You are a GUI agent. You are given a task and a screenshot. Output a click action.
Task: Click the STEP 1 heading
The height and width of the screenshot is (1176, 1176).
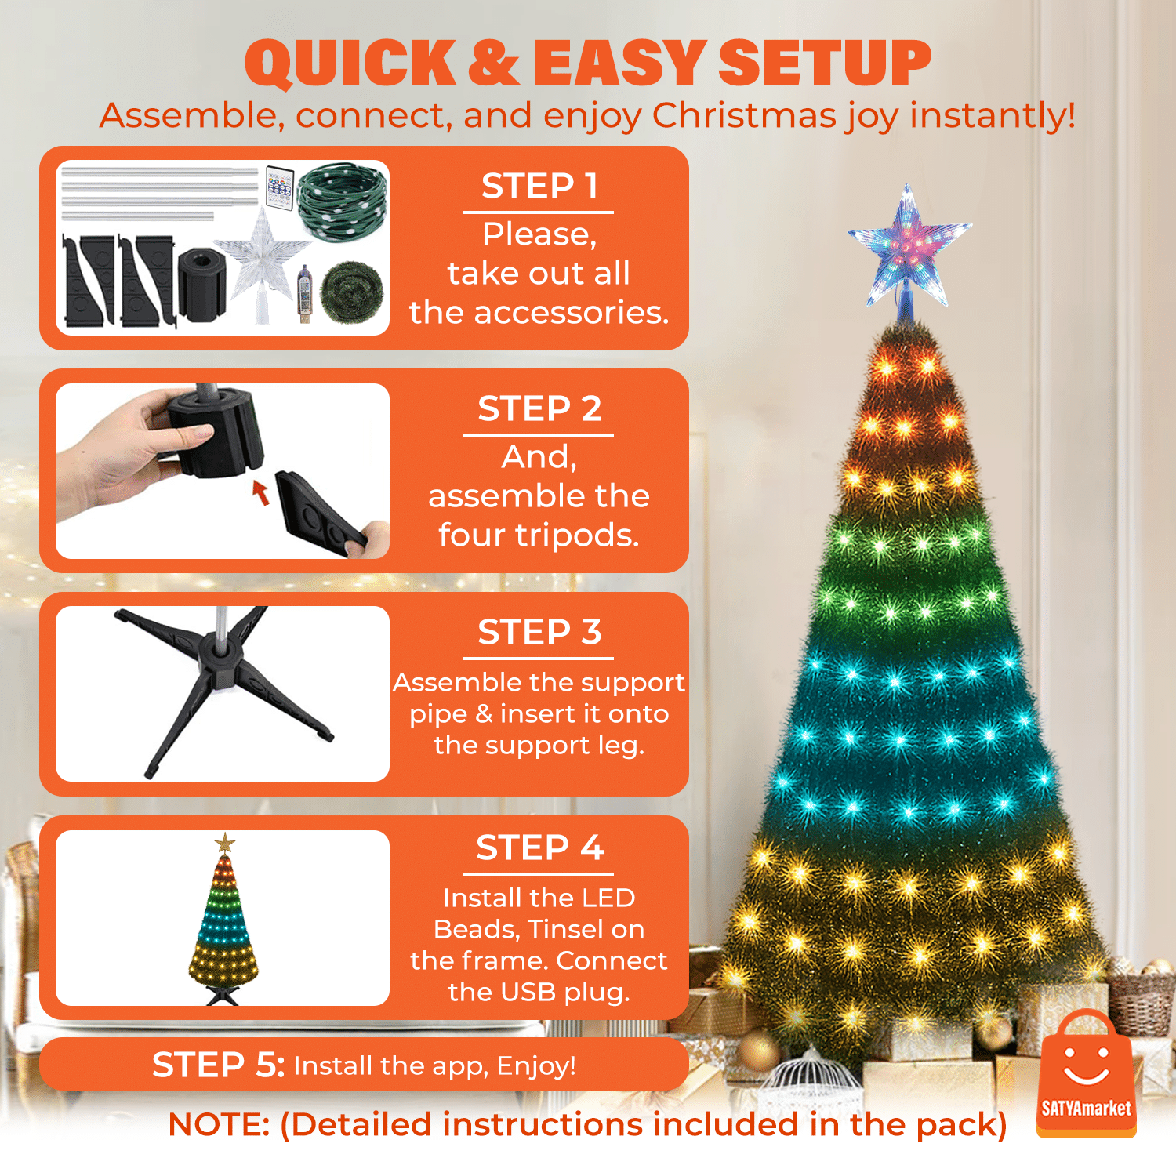click(539, 187)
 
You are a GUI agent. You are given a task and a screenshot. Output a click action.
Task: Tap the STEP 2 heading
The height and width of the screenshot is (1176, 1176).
click(539, 409)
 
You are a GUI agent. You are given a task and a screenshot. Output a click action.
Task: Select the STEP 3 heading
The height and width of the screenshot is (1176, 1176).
click(539, 632)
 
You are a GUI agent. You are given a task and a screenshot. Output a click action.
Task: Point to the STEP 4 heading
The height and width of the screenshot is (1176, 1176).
click(539, 848)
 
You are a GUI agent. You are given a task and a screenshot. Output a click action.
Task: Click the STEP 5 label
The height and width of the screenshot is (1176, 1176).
click(218, 1065)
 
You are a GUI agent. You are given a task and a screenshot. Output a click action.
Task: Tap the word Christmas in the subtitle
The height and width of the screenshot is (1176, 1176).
click(744, 115)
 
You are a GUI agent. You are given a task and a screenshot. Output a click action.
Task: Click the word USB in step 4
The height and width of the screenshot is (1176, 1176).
click(528, 992)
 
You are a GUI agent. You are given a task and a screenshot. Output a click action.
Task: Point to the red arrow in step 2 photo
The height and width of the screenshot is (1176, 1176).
click(261, 492)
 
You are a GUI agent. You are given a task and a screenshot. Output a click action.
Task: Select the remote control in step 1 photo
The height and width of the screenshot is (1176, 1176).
click(280, 187)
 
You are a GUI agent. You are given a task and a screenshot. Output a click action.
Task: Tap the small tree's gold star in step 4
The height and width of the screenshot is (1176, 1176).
click(225, 844)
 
